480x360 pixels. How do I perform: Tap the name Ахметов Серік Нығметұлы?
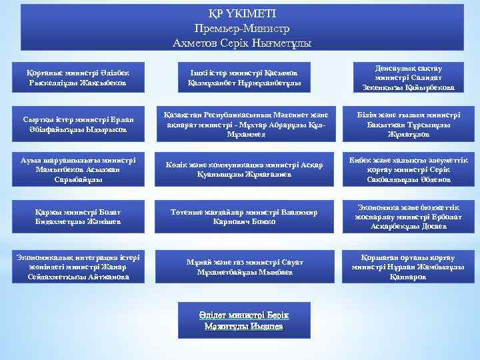click(241, 43)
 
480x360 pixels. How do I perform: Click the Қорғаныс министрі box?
click(82, 78)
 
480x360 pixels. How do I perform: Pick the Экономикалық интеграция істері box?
click(82, 266)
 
